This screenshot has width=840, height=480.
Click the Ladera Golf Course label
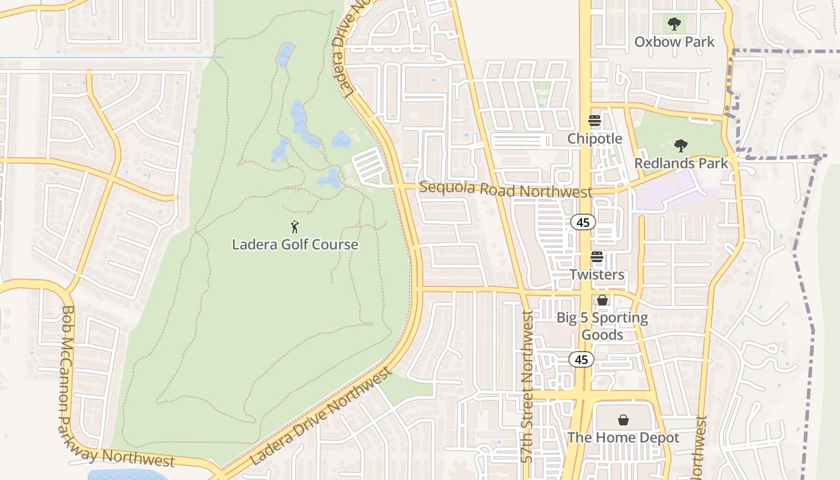[295, 245]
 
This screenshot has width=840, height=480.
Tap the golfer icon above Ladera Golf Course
[295, 227]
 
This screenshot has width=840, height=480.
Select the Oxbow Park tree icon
[674, 25]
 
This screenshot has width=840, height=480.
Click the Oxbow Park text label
[674, 42]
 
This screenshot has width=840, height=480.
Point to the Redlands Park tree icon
[680, 146]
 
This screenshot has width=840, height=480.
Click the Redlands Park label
[681, 163]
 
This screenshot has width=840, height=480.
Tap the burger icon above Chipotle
[595, 121]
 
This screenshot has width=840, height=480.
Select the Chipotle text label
[595, 139]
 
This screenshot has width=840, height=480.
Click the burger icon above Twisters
[597, 257]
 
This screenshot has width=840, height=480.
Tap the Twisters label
[596, 275]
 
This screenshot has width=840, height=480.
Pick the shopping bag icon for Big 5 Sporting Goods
[602, 300]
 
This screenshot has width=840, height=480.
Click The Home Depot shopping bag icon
[623, 420]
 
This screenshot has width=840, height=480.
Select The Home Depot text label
[623, 438]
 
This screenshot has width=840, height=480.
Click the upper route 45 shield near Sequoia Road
[583, 223]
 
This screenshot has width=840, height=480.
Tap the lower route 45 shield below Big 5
[581, 359]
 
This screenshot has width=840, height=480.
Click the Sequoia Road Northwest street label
[505, 190]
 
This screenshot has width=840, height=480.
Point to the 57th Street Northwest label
[527, 386]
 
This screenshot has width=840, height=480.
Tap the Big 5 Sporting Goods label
[602, 326]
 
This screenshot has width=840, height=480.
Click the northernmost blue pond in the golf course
[285, 55]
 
